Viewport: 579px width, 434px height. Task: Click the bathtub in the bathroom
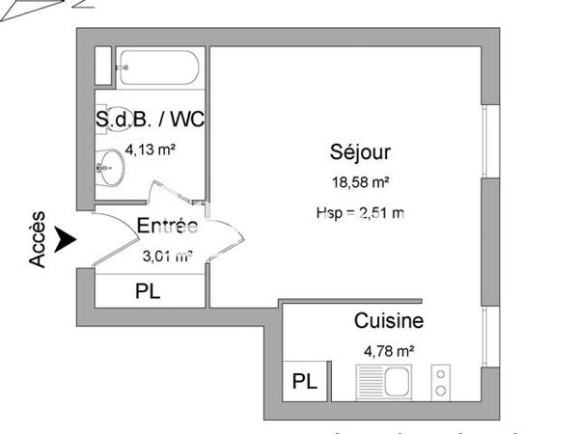(x=158, y=69)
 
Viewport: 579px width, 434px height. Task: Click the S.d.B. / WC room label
(x=150, y=121)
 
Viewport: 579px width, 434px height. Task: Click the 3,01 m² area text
(x=167, y=256)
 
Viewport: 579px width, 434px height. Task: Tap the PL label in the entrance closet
(x=148, y=290)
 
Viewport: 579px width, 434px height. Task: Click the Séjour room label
(x=360, y=151)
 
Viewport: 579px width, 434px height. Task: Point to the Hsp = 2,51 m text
(x=359, y=213)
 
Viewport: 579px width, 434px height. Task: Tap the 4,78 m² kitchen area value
(x=388, y=352)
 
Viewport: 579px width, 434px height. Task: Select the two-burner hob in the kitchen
(x=440, y=382)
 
